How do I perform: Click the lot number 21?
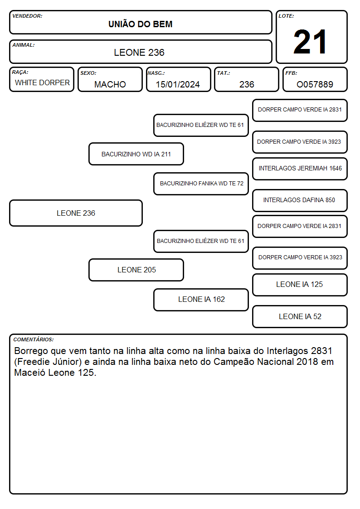310,42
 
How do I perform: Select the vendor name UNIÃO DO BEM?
140,24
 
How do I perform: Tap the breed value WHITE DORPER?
42,83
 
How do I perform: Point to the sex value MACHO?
110,84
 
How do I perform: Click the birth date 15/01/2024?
178,84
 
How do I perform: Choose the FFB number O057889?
315,84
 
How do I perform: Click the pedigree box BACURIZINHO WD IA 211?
136,154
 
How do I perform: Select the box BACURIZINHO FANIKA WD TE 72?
201,184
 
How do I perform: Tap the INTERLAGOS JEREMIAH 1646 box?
300,169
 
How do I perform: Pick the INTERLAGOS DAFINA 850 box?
300,200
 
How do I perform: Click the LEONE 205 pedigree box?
136,270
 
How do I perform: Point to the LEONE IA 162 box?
201,300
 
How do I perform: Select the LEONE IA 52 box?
300,316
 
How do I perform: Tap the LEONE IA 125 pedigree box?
300,285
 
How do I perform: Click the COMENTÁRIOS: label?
34,339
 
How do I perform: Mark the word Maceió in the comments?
30,373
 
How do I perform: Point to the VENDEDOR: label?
27,16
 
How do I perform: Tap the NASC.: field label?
156,73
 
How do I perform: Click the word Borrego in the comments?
31,351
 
